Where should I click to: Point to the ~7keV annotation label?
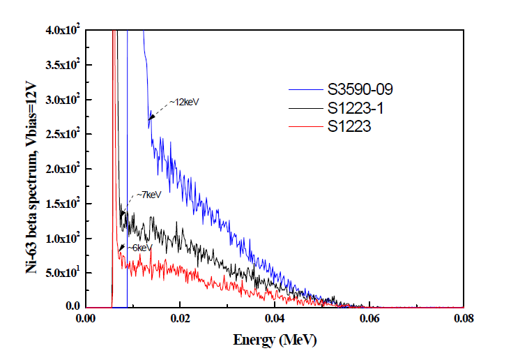coord(148,195)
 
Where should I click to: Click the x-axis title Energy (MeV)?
coord(273,341)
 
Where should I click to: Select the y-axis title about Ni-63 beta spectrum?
coord(31,168)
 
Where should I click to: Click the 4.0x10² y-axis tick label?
coord(58,31)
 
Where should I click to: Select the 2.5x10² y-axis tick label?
coord(58,134)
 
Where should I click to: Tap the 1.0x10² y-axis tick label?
coord(58,238)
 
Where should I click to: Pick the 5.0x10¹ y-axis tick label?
coord(58,272)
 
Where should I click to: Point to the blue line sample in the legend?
coord(304,89)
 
